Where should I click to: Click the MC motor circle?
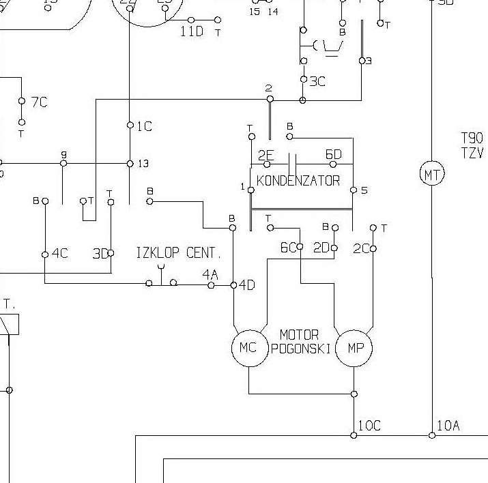click(248, 348)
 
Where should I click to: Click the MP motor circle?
click(356, 348)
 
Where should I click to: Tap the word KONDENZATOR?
click(298, 181)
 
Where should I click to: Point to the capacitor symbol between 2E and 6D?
click(293, 164)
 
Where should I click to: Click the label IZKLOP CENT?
click(179, 253)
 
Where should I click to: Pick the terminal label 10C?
click(369, 426)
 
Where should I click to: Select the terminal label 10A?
click(448, 426)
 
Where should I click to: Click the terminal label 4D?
click(246, 285)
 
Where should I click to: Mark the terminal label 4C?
click(59, 254)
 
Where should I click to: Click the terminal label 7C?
click(39, 102)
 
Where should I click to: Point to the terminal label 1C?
click(144, 126)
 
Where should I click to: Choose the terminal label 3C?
click(317, 81)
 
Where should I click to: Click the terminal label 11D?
click(192, 31)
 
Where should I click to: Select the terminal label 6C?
click(288, 248)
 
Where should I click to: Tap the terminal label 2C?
click(361, 249)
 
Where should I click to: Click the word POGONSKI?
click(301, 349)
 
